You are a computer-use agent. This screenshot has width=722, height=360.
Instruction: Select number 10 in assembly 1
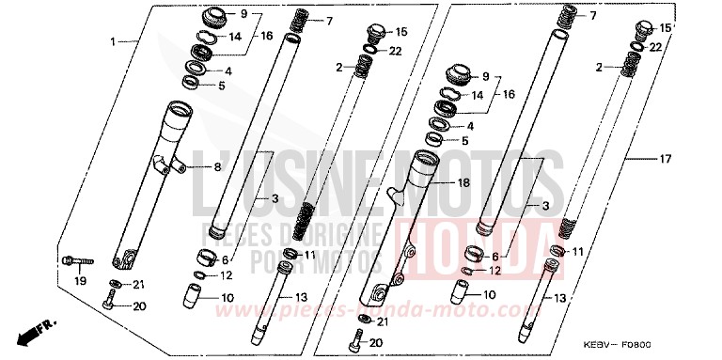[228, 297]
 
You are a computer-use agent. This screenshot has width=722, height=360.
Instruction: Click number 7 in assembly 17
[593, 17]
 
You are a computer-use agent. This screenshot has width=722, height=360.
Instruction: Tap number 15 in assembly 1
[401, 32]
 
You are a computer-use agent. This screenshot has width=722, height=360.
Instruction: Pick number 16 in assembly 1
[266, 36]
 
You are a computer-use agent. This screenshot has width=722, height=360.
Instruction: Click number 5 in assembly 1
[222, 86]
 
